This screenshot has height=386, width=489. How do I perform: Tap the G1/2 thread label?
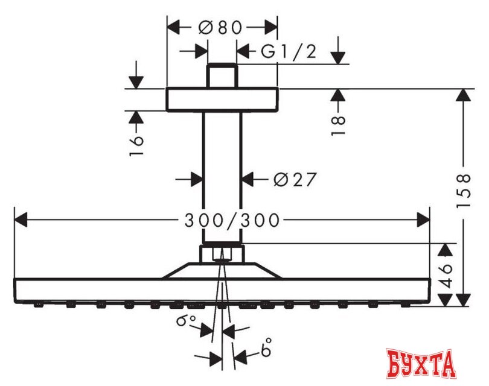289,52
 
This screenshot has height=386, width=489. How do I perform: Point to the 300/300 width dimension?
232,221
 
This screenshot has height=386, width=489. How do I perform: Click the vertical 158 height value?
464,191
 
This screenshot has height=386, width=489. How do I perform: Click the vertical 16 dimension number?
137,145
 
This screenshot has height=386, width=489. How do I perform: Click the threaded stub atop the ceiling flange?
222,76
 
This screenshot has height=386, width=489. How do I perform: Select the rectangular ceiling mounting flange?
222,100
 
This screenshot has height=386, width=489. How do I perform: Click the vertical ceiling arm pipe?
222,175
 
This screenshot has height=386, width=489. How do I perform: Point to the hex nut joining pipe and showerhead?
222,252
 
